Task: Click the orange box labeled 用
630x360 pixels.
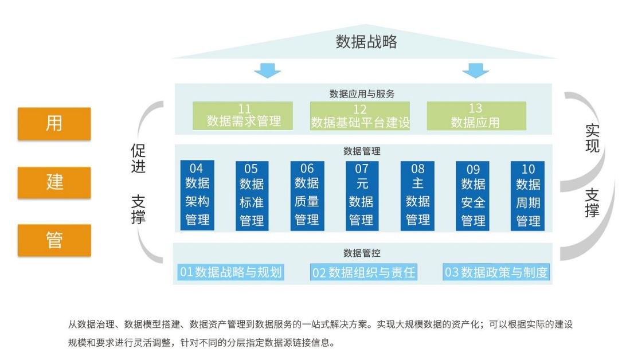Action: point(54,123)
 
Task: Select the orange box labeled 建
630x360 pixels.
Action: point(54,182)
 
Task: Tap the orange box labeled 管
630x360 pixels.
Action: point(54,240)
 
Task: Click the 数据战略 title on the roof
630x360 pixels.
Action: point(366,42)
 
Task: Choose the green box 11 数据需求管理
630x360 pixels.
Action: point(243,115)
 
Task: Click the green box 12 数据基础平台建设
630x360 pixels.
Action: point(360,115)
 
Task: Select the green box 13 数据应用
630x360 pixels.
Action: point(476,115)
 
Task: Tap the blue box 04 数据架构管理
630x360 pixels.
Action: point(197,195)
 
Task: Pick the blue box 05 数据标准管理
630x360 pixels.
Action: point(252,195)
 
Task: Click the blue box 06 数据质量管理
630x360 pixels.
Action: point(307,195)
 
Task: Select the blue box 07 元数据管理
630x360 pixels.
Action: point(361,195)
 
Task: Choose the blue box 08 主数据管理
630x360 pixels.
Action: point(417,195)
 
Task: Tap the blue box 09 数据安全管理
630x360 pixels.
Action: point(473,195)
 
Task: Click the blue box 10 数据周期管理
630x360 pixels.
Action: point(527,195)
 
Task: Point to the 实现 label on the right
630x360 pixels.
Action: point(592,138)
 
